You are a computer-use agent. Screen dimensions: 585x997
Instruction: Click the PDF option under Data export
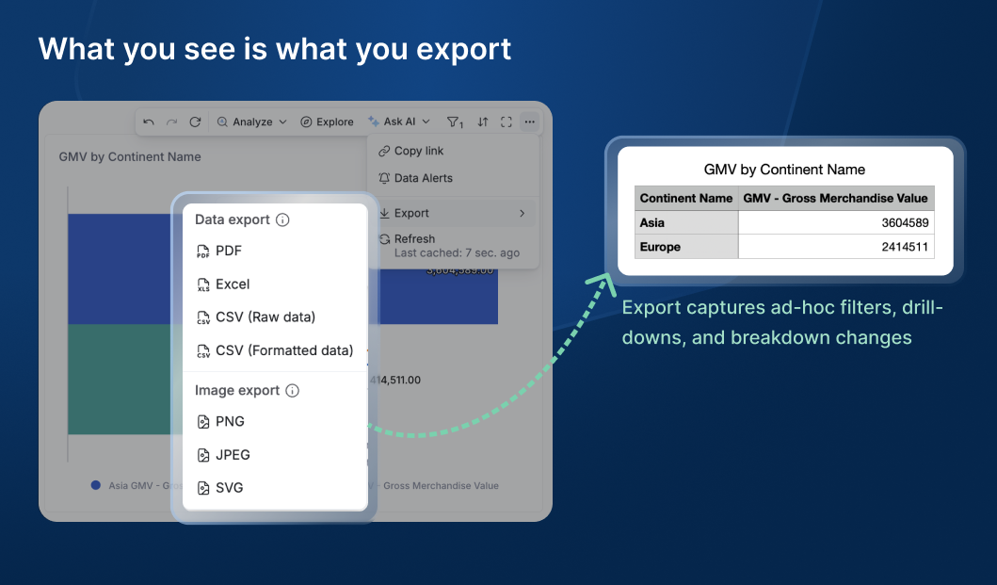pos(229,252)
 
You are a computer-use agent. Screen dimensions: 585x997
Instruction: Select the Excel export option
pos(233,284)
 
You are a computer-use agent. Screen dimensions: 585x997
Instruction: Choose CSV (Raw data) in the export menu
pos(265,317)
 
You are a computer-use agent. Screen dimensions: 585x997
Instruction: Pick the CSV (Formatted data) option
pos(283,350)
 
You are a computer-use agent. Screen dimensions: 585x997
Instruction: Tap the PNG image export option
pos(230,422)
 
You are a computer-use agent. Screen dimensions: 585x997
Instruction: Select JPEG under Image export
pos(233,455)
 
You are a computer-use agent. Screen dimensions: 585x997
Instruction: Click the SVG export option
pos(229,488)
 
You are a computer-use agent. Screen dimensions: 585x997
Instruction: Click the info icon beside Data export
pos(282,220)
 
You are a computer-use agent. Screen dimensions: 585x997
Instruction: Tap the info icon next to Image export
pos(292,391)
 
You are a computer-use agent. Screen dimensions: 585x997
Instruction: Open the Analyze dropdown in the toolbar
pos(252,122)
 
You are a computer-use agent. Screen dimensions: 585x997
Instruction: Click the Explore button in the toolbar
pos(328,122)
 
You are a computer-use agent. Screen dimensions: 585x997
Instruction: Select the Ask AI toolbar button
pos(399,122)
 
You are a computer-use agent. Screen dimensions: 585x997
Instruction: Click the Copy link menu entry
pos(418,151)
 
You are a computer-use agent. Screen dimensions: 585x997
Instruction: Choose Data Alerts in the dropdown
pos(423,178)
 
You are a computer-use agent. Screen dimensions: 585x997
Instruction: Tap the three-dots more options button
pos(530,122)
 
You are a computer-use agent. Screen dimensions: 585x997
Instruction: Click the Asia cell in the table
pos(652,223)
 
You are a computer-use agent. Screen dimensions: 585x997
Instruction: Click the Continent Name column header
pos(685,198)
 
